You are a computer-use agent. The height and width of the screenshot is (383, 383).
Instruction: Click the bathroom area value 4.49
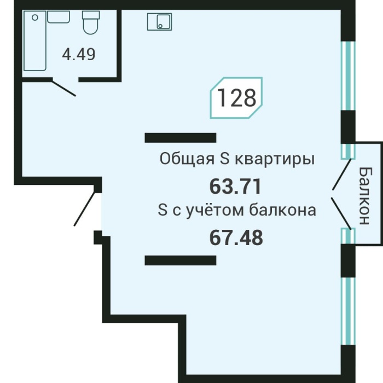pyautogui.click(x=79, y=55)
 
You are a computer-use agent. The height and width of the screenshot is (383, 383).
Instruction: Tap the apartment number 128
pyautogui.click(x=237, y=98)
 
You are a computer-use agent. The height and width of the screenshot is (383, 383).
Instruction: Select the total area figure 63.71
pyautogui.click(x=235, y=187)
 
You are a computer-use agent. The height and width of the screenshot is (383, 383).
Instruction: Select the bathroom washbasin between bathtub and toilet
pyautogui.click(x=58, y=16)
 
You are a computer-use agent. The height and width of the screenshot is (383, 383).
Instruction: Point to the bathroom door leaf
pyautogui.click(x=64, y=88)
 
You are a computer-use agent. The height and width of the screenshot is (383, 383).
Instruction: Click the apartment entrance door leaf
pyautogui.click(x=88, y=208)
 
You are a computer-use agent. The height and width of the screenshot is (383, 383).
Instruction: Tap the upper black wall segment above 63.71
pyautogui.click(x=180, y=137)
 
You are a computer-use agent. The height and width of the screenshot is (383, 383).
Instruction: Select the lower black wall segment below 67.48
pyautogui.click(x=180, y=260)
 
